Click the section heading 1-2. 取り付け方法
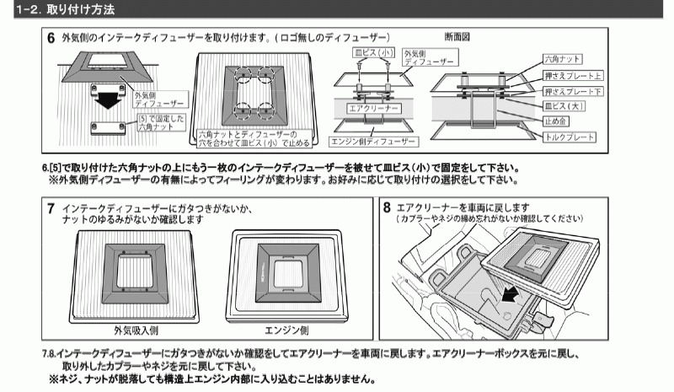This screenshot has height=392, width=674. pyautogui.click(x=66, y=9)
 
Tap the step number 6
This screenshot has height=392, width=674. pyautogui.click(x=51, y=38)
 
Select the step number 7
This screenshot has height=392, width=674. pyautogui.click(x=51, y=209)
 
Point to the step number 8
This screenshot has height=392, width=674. pyautogui.click(x=387, y=208)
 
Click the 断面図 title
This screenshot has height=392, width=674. pyautogui.click(x=457, y=37)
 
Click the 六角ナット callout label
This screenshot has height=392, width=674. pyautogui.click(x=562, y=59)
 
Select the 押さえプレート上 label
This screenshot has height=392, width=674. pyautogui.click(x=573, y=76)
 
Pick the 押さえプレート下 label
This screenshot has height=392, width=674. pyautogui.click(x=573, y=91)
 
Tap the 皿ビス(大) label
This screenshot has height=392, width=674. pyautogui.click(x=564, y=106)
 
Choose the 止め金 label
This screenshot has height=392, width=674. pyautogui.click(x=555, y=121)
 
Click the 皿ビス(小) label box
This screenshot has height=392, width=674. pyautogui.click(x=373, y=52)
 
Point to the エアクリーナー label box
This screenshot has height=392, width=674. pyautogui.click(x=373, y=109)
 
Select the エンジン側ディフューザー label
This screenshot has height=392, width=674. pyautogui.click(x=373, y=142)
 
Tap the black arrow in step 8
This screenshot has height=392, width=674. pyautogui.click(x=510, y=295)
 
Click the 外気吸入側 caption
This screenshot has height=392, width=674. pyautogui.click(x=136, y=330)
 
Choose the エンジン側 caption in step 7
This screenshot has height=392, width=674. pyautogui.click(x=286, y=330)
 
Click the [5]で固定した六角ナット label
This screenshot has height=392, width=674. pyautogui.click(x=161, y=122)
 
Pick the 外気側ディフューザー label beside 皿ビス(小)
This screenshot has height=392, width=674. pyautogui.click(x=430, y=57)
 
